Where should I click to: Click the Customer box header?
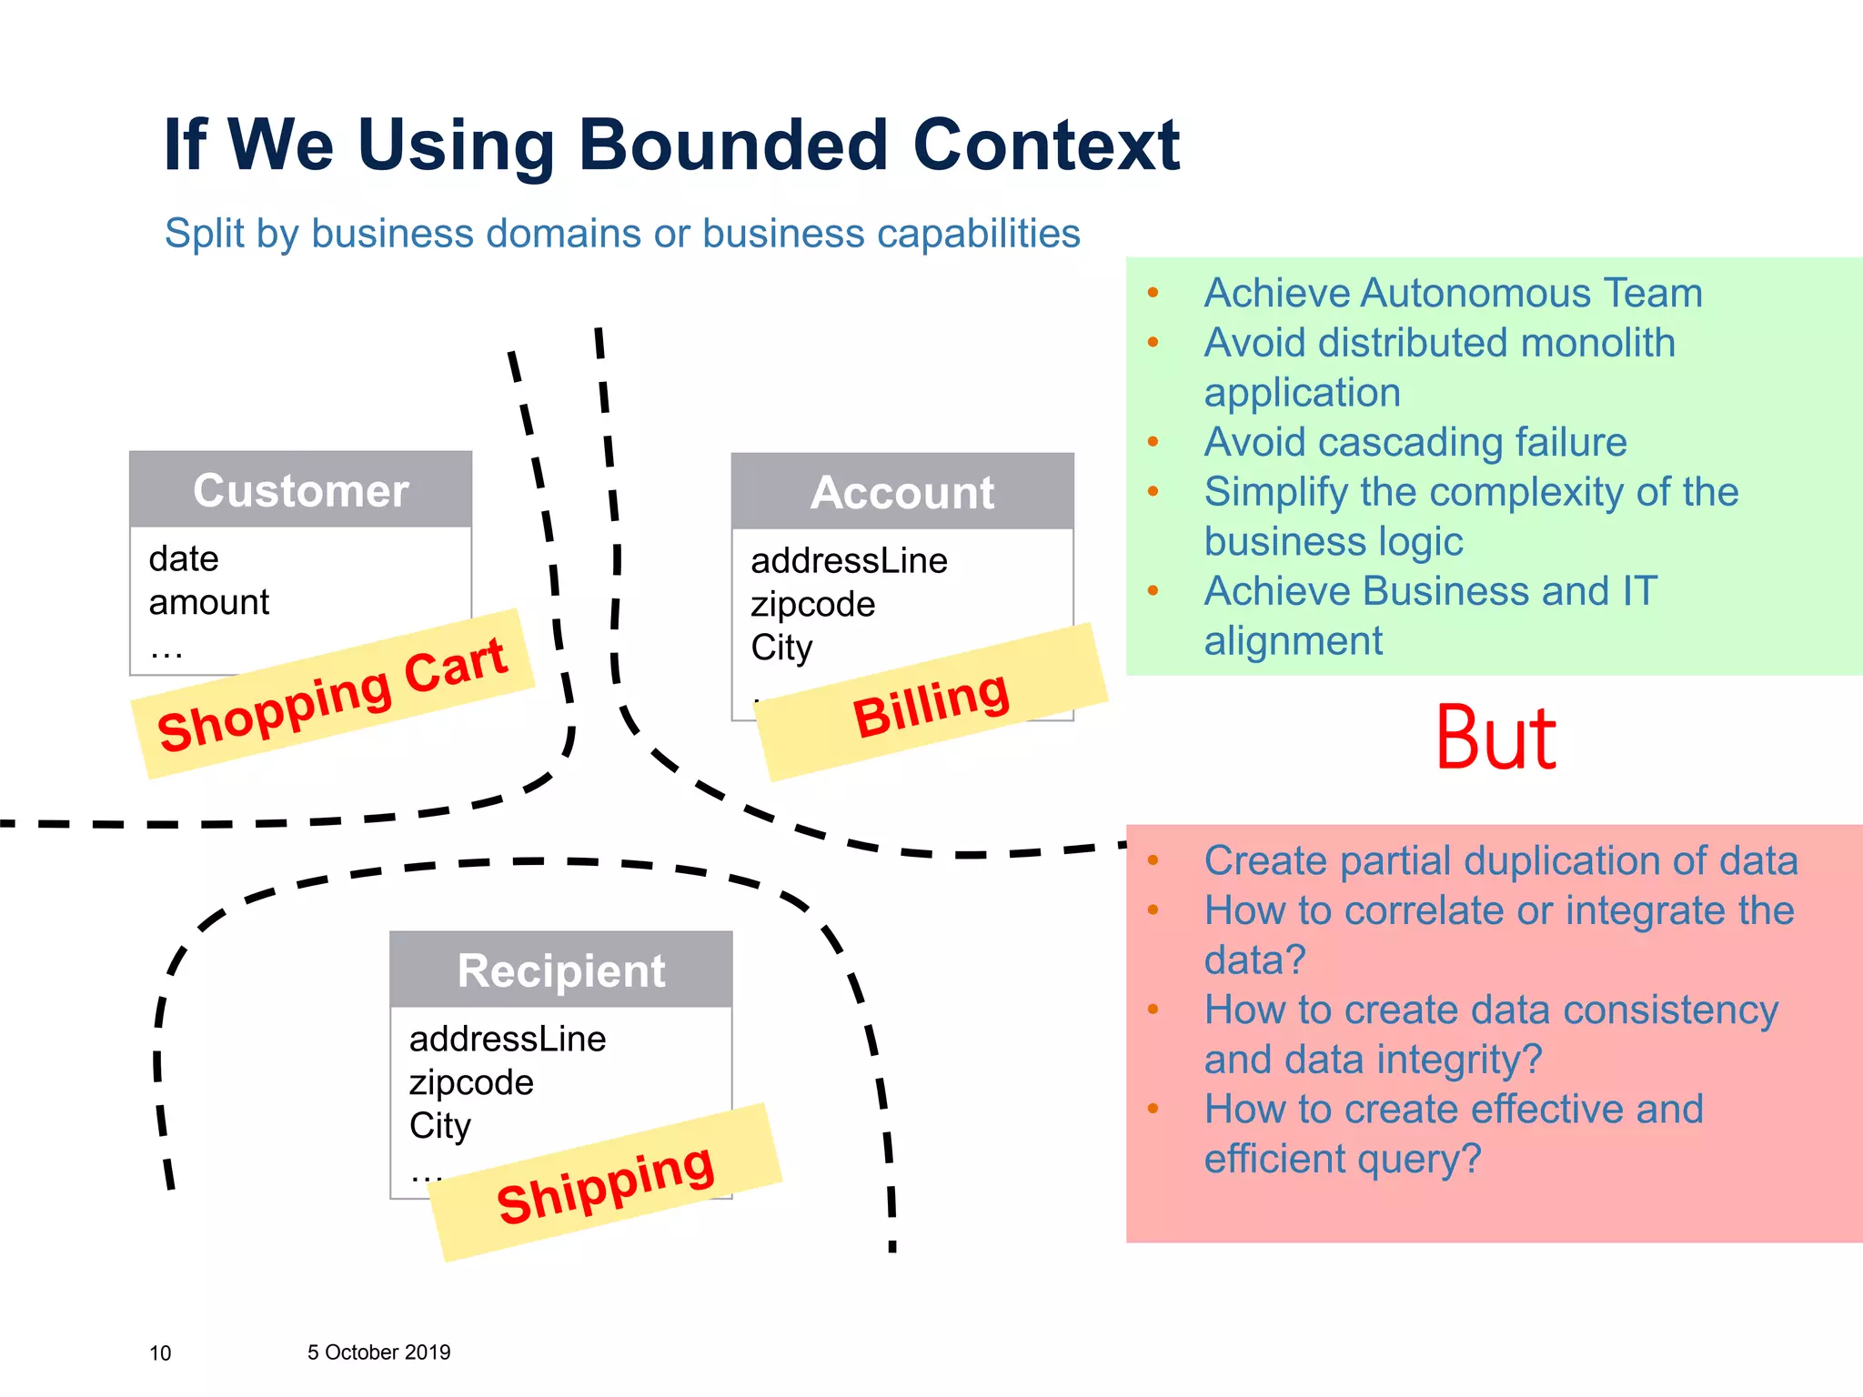(x=300, y=490)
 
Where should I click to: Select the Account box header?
(x=902, y=492)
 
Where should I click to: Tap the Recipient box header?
(x=561, y=970)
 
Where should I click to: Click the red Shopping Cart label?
(x=332, y=694)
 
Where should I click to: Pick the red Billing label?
(x=931, y=706)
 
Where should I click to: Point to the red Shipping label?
(x=605, y=1183)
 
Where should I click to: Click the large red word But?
(x=1495, y=739)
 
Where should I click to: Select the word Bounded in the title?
(x=733, y=145)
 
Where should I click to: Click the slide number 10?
(x=160, y=1353)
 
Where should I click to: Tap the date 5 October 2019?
(x=378, y=1352)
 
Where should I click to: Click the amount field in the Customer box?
(x=209, y=602)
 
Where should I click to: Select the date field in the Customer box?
(x=184, y=558)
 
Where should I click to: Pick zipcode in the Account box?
(x=812, y=604)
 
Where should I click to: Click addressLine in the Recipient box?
(x=508, y=1039)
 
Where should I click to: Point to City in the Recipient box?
(x=440, y=1126)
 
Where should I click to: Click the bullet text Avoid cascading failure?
(x=1415, y=442)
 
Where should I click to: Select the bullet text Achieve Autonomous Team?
(x=1453, y=293)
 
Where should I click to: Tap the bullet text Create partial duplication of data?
(x=1501, y=860)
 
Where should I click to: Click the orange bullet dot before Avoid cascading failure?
(x=1153, y=442)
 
